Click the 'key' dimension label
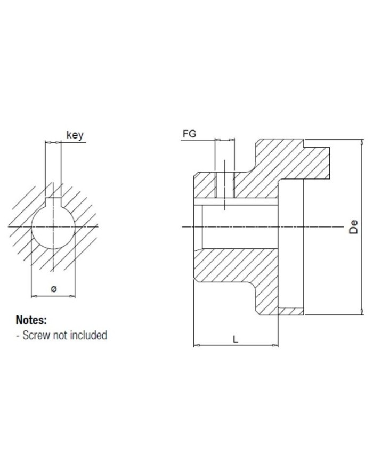tap(75, 135)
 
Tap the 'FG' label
tap(189, 134)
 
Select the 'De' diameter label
tap(353, 227)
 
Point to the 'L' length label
tap(236, 339)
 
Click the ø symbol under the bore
tap(53, 289)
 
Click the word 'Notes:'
tap(31, 320)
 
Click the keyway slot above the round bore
tap(53, 201)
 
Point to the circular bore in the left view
tap(53, 227)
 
